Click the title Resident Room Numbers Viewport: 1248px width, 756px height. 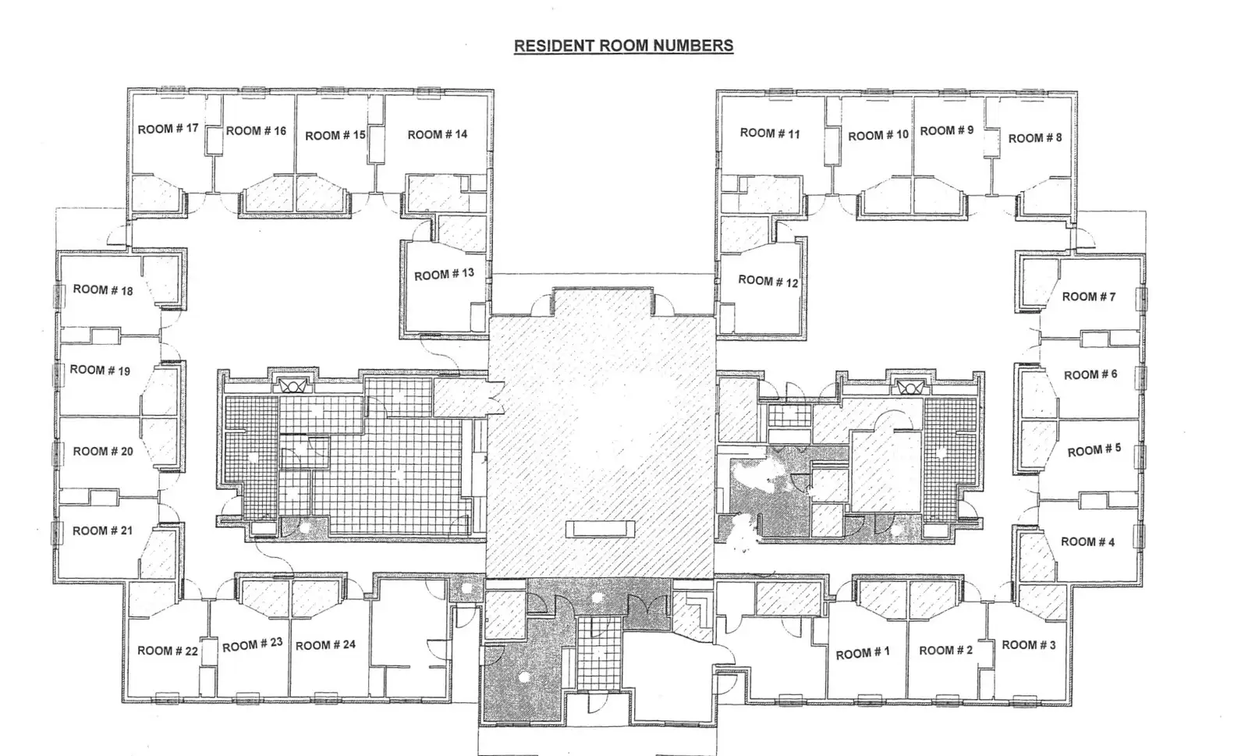pyautogui.click(x=623, y=46)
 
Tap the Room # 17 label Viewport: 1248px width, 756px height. pyautogui.click(x=168, y=129)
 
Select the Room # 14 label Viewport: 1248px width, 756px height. pyautogui.click(x=438, y=134)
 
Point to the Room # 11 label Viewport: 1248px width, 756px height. pyautogui.click(x=770, y=133)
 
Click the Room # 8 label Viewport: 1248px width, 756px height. pyautogui.click(x=1035, y=137)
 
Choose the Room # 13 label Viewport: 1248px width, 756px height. pyautogui.click(x=444, y=274)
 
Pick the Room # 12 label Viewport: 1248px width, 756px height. pyautogui.click(x=768, y=282)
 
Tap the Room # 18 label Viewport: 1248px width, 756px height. pyautogui.click(x=103, y=290)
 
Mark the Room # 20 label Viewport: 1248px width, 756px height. pyautogui.click(x=103, y=451)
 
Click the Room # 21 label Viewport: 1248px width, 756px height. pyautogui.click(x=102, y=531)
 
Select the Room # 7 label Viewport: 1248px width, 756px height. pyautogui.click(x=1089, y=297)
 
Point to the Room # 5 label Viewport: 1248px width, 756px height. pyautogui.click(x=1094, y=450)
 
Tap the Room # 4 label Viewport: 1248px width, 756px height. pyautogui.click(x=1087, y=541)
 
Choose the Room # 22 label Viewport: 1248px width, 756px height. pyautogui.click(x=168, y=651)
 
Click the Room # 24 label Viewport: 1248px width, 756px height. pyautogui.click(x=325, y=645)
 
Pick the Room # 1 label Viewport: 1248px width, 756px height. pyautogui.click(x=863, y=653)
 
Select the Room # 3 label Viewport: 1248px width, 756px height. pyautogui.click(x=1029, y=645)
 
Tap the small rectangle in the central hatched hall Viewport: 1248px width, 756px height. pyautogui.click(x=600, y=529)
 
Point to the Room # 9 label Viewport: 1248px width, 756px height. pyautogui.click(x=947, y=130)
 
